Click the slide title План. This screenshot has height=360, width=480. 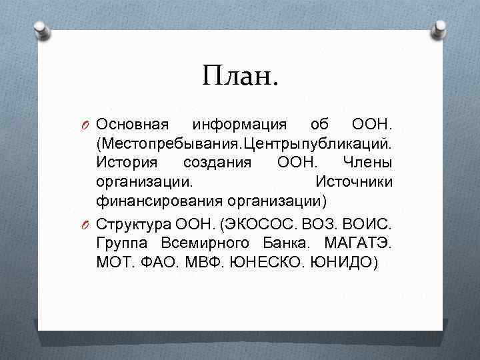[x=240, y=75]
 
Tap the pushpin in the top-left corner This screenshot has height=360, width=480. [x=41, y=29]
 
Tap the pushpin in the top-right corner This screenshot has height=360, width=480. [x=439, y=29]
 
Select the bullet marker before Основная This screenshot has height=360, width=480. [x=87, y=125]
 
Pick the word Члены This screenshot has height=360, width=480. [x=367, y=162]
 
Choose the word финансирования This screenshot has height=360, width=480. [x=159, y=200]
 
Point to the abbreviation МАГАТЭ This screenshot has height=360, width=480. [x=360, y=242]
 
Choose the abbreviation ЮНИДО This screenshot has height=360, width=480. [x=341, y=261]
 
